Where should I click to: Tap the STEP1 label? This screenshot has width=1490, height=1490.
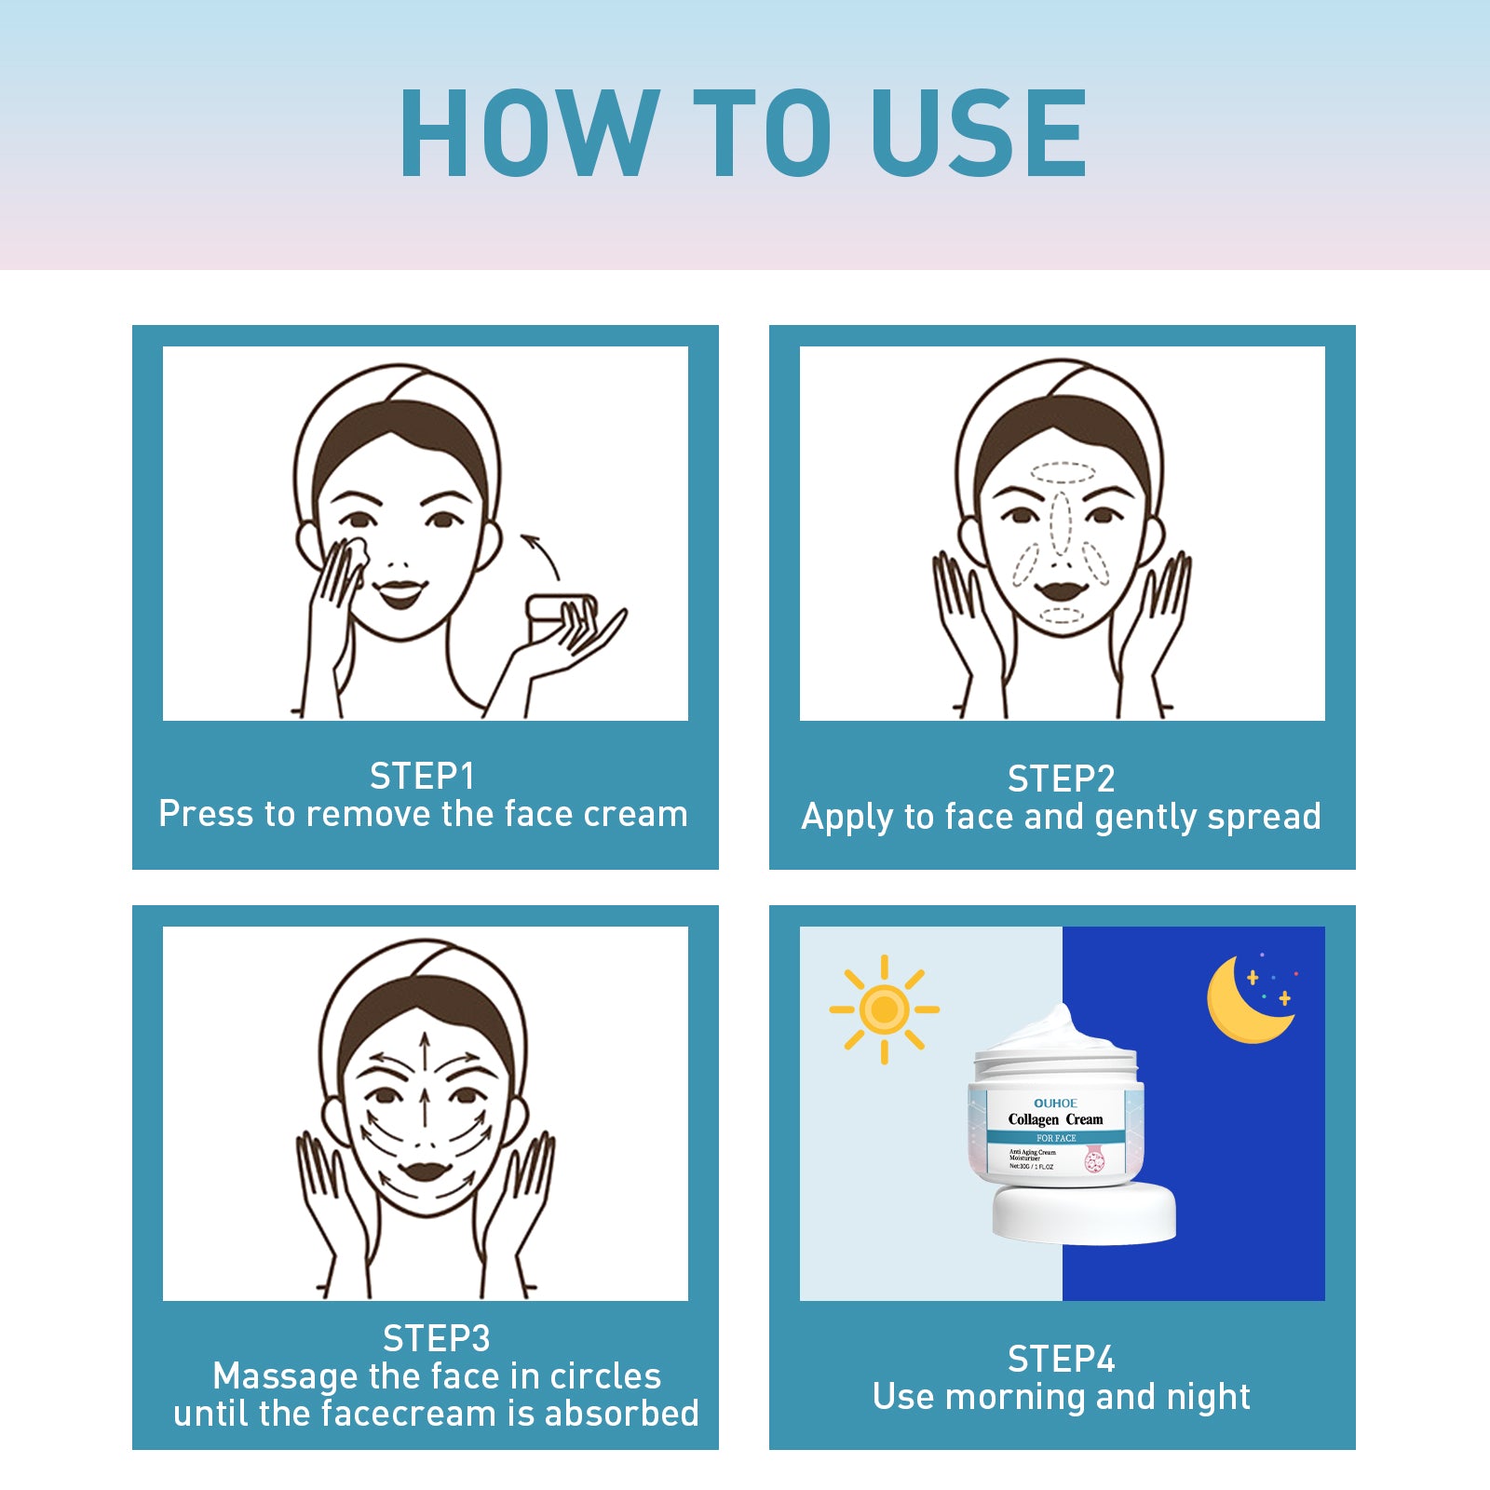pos(422,776)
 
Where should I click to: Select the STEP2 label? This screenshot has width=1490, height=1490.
pos(1061,779)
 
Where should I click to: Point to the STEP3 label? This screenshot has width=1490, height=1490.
pos(436,1338)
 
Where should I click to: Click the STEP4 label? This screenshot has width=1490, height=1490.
pos(1061,1359)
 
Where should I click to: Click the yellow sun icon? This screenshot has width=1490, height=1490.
pos(884,1009)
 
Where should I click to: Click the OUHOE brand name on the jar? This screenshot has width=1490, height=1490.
pos(1055,1103)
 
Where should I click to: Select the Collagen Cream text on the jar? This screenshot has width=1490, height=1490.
pos(1055,1119)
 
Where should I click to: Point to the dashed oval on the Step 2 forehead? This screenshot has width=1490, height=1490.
pos(1061,473)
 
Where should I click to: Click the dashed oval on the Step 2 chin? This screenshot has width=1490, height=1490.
pos(1062,616)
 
